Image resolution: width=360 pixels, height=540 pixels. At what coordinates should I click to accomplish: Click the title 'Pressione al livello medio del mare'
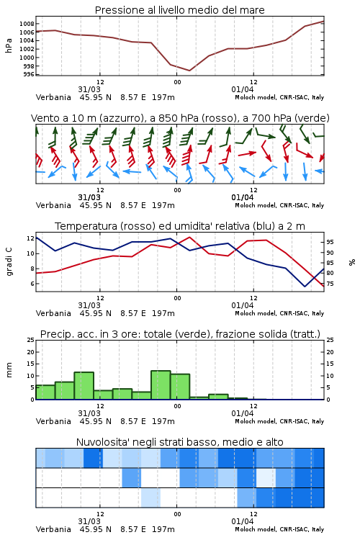(x=179, y=10)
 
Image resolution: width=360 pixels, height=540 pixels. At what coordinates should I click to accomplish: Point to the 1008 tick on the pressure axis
(x=27, y=24)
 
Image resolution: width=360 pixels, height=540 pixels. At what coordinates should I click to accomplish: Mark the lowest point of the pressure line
(x=189, y=71)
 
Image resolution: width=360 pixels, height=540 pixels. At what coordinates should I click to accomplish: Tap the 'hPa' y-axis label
(x=9, y=45)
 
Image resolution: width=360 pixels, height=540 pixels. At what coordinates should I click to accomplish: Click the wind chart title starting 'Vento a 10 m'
(x=180, y=118)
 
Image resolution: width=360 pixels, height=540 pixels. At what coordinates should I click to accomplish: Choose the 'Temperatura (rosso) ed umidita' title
(x=180, y=226)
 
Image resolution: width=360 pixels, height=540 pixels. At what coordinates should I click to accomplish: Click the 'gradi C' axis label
(x=9, y=262)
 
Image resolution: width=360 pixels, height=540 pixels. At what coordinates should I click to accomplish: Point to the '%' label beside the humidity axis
(x=352, y=262)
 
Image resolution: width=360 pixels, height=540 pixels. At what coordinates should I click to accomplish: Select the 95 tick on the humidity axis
(x=330, y=242)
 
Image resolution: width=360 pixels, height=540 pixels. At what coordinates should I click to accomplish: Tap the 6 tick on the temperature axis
(x=32, y=284)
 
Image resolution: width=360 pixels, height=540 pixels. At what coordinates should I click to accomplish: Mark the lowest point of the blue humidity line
(x=305, y=286)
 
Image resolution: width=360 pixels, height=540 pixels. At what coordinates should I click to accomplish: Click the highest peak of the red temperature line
(x=189, y=237)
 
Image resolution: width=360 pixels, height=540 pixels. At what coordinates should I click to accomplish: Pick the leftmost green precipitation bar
(x=45, y=392)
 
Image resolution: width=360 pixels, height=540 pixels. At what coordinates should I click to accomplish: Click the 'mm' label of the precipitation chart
(x=9, y=370)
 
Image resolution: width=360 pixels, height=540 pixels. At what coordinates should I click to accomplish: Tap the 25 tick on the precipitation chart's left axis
(x=30, y=340)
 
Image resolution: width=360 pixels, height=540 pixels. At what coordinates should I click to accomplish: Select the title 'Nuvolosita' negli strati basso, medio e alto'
(x=179, y=442)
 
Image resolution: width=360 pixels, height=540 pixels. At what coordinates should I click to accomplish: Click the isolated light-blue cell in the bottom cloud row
(x=151, y=498)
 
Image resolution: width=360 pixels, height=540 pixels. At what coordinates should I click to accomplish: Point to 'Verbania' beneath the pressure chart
(x=53, y=97)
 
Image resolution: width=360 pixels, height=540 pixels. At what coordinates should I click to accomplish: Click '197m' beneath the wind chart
(x=163, y=205)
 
